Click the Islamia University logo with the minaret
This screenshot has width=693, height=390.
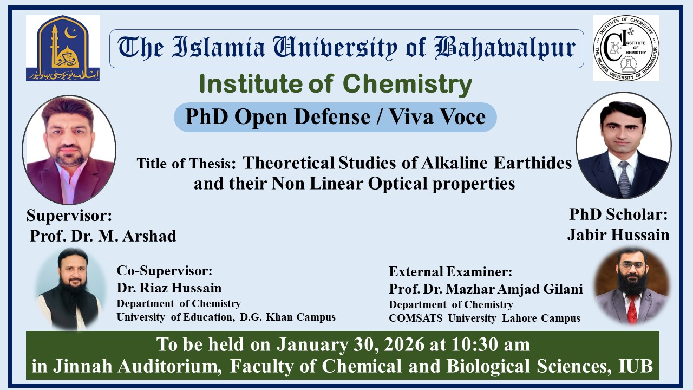[x=63, y=48]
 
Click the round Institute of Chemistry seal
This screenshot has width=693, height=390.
[x=626, y=48]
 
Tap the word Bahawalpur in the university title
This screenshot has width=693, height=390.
[x=506, y=48]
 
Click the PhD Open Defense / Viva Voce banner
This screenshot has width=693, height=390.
[x=335, y=117]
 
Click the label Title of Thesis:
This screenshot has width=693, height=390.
[x=186, y=164]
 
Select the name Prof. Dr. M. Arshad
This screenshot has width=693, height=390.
[x=103, y=236]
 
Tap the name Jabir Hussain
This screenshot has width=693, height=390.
[x=618, y=235]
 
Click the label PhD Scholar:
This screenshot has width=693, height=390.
[x=618, y=214]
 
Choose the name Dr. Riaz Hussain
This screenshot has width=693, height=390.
[x=169, y=288]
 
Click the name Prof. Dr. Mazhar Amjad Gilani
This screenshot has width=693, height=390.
[x=486, y=289]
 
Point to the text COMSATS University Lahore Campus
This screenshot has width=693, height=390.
[x=484, y=318]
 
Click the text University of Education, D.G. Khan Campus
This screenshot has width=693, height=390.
[x=226, y=317]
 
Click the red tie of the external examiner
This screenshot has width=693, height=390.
[x=632, y=309]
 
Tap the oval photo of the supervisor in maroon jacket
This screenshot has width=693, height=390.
[x=69, y=149]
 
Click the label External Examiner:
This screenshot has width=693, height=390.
[x=450, y=272]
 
